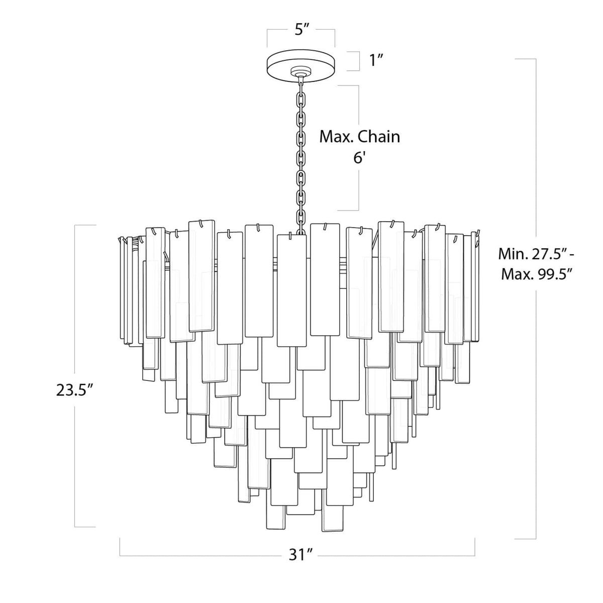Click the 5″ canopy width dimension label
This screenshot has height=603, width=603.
click(301, 30)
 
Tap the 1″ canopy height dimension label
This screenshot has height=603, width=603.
click(376, 61)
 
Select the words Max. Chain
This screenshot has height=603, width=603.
click(360, 136)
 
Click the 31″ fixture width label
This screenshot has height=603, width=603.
click(301, 555)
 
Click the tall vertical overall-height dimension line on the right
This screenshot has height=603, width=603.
click(536, 402)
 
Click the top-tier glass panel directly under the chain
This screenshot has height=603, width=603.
click(291, 290)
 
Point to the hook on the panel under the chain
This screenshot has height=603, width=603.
click(290, 235)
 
